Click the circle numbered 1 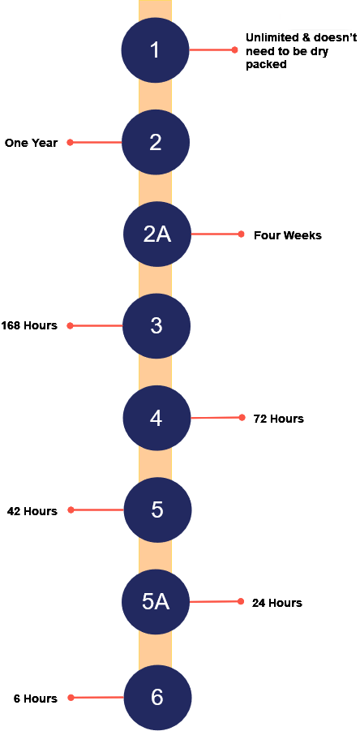tap(155, 49)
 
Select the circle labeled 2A tap(157, 234)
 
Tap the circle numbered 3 tap(156, 325)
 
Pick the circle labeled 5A tap(156, 601)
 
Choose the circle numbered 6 tap(157, 698)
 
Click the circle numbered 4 tap(156, 418)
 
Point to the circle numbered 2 tap(155, 142)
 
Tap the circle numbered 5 tap(157, 510)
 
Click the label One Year tap(31, 143)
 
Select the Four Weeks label tap(287, 235)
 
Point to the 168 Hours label tap(29, 325)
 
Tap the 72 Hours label tap(278, 419)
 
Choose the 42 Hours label tap(32, 511)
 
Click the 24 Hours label tap(277, 603)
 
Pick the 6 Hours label tap(36, 699)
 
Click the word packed tap(266, 65)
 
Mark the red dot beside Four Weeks tap(241, 234)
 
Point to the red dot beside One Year tap(71, 142)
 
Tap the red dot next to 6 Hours tap(71, 698)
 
